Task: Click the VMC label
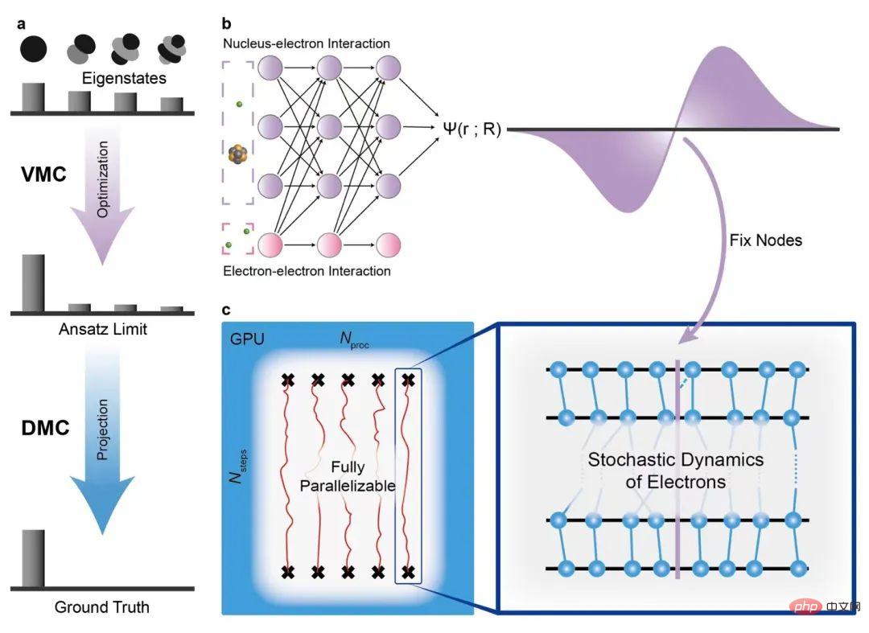point(43,175)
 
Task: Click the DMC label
point(45,428)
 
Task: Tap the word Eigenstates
point(124,78)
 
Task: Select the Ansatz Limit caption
point(103,329)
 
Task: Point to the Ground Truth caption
point(102,607)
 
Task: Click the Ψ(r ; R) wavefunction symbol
point(472,129)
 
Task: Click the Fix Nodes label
point(766,240)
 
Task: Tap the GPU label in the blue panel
point(247,339)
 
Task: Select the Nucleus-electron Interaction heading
point(307,43)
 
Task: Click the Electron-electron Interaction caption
point(307,271)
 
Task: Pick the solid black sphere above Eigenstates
point(33,49)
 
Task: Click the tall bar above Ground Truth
point(33,558)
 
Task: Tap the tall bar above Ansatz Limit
point(33,283)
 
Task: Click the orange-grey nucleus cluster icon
point(237,154)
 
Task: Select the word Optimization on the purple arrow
point(102,179)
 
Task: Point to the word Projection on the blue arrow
point(102,430)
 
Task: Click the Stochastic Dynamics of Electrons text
point(676,471)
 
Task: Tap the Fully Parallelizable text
point(348,476)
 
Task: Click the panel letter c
point(225,310)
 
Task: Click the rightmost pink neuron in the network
point(388,245)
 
